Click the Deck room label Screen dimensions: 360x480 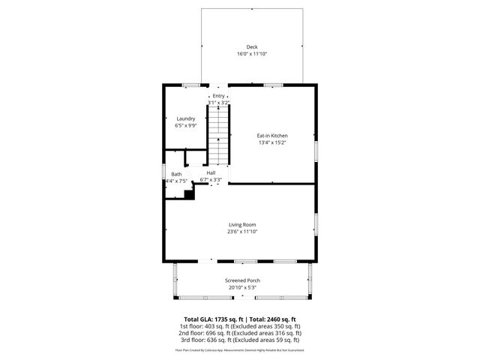pyautogui.click(x=252, y=47)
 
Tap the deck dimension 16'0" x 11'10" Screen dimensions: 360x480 pyautogui.click(x=252, y=54)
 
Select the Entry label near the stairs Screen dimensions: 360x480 pyautogui.click(x=218, y=96)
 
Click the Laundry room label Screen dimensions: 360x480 pyautogui.click(x=186, y=118)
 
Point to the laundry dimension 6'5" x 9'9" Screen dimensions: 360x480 pyautogui.click(x=186, y=126)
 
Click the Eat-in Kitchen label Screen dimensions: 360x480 pyautogui.click(x=272, y=135)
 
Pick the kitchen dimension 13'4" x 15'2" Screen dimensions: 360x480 pyautogui.click(x=272, y=142)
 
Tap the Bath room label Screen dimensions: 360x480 pyautogui.click(x=176, y=174)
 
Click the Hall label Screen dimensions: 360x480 pyautogui.click(x=211, y=172)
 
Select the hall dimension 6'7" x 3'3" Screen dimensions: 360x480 pyautogui.click(x=211, y=180)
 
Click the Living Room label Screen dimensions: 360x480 pyautogui.click(x=242, y=224)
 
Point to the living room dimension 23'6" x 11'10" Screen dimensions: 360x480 pyautogui.click(x=242, y=232)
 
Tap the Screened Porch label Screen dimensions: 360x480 pyautogui.click(x=242, y=280)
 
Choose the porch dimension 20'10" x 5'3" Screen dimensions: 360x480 pyautogui.click(x=242, y=287)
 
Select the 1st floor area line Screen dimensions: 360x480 pyautogui.click(x=240, y=326)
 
